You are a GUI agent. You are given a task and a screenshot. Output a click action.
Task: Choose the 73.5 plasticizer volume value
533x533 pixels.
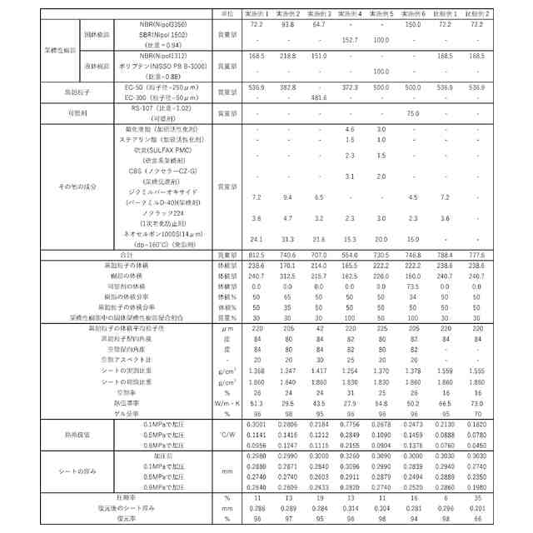tap(412, 285)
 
